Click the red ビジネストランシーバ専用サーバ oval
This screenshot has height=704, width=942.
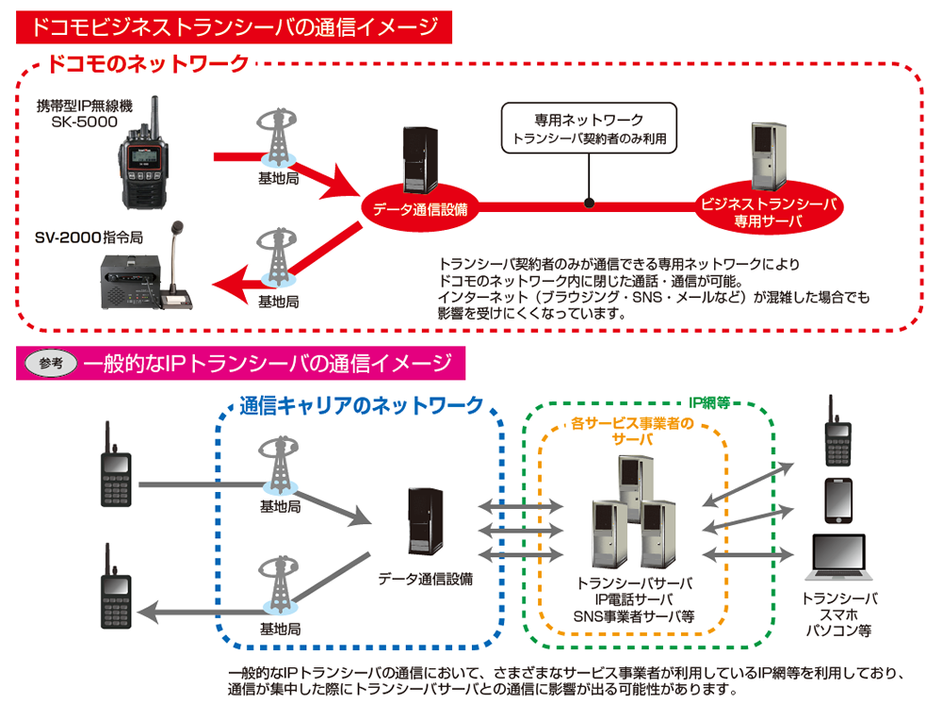pyautogui.click(x=768, y=213)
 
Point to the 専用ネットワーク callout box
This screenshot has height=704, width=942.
pyautogui.click(x=588, y=127)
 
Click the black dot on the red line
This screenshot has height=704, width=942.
pyautogui.click(x=589, y=202)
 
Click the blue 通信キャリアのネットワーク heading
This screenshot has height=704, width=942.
pyautogui.click(x=362, y=406)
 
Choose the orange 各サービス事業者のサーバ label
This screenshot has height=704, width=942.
pyautogui.click(x=632, y=431)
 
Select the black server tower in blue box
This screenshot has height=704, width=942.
pyautogui.click(x=422, y=520)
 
